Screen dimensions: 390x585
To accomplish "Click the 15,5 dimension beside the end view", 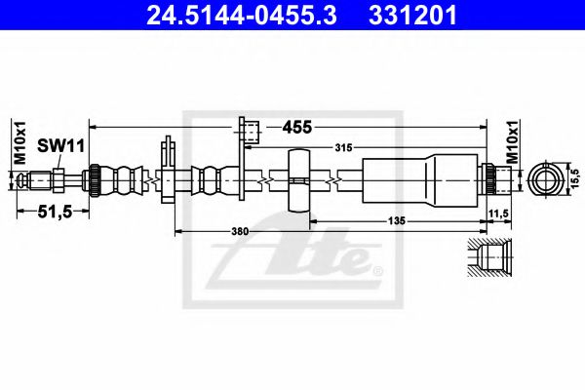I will [575, 179].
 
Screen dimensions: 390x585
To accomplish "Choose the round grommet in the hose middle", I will [300, 179].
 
